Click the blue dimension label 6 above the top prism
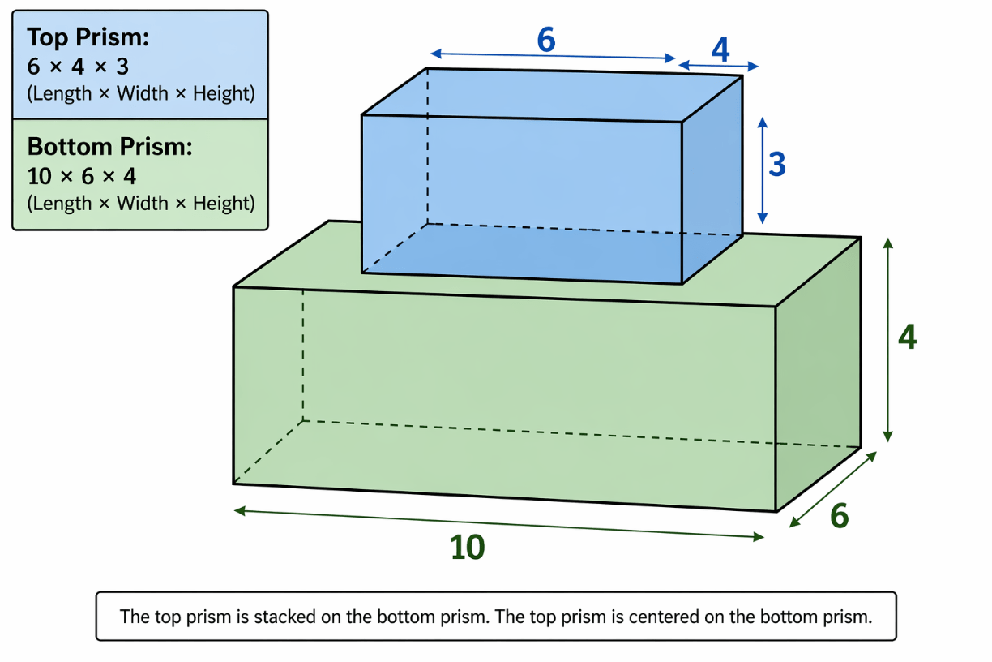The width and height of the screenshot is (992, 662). pos(546,40)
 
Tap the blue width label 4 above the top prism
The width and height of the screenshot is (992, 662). pos(720,49)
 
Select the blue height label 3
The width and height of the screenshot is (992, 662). pos(777,164)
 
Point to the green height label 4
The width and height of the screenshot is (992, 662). pos(907,337)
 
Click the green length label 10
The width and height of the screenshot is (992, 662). pos(468,547)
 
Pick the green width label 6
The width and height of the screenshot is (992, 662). pos(839,516)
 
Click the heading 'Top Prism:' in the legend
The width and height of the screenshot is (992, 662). pos(88,37)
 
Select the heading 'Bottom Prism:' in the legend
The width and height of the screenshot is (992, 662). pos(110,147)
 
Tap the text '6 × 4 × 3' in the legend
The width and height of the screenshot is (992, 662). pos(78,67)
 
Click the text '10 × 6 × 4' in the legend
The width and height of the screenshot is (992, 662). pos(82,177)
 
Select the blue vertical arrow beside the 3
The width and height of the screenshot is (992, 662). pos(762,170)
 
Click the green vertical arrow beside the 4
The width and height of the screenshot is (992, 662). pos(887,340)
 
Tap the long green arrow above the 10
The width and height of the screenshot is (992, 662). pos(498,524)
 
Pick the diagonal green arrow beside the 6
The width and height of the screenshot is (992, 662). pos(833,489)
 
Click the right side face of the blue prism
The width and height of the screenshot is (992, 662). pos(712,179)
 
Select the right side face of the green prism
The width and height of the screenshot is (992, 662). pos(819,375)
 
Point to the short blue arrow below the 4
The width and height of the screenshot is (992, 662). pos(718,66)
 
